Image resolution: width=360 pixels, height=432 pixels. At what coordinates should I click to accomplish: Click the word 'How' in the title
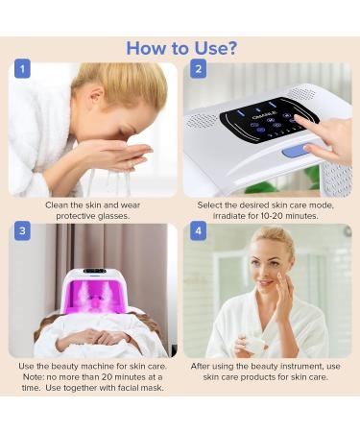click(x=147, y=47)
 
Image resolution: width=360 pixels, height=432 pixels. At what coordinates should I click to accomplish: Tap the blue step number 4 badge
click(x=197, y=231)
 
